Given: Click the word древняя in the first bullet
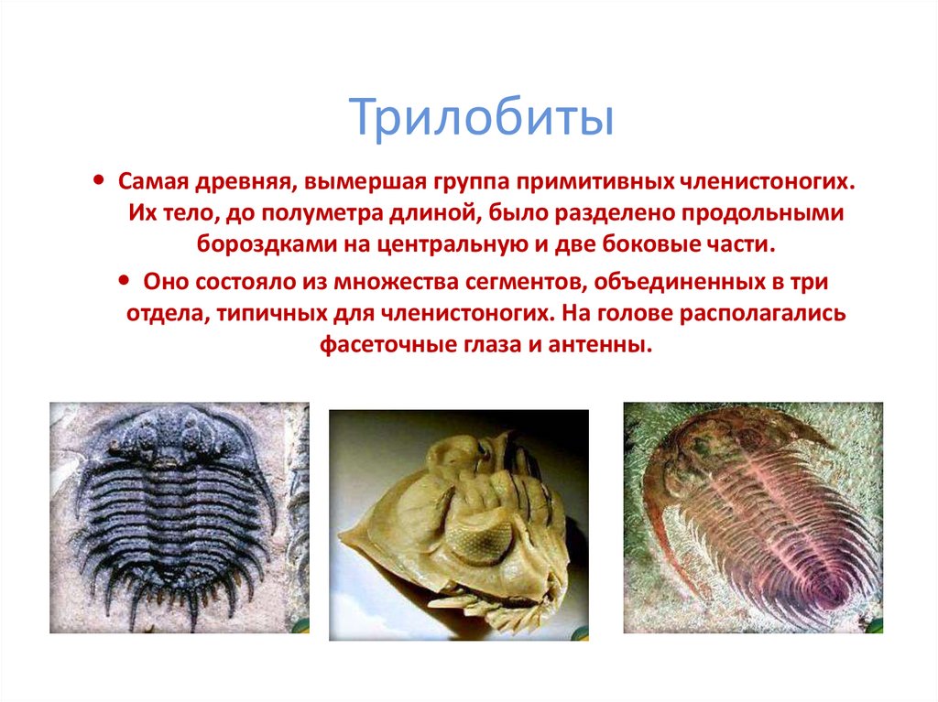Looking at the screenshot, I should click(x=234, y=181).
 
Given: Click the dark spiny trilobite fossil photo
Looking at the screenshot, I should click(x=179, y=517).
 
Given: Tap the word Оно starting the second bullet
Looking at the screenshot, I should click(x=164, y=281).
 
